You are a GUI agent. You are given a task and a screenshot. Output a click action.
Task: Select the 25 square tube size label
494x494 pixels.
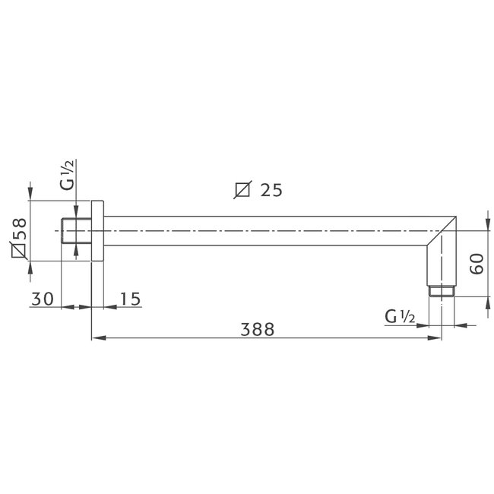tap(271, 190)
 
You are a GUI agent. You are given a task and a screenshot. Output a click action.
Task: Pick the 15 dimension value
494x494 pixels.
tap(130, 299)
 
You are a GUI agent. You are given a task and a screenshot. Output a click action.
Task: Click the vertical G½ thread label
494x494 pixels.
tap(68, 174)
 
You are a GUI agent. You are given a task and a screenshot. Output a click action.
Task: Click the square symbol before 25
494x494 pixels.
tap(242, 190)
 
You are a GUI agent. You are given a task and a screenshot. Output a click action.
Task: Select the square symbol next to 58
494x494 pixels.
tap(19, 249)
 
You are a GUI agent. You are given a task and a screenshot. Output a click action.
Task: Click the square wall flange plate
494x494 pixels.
tap(97, 231)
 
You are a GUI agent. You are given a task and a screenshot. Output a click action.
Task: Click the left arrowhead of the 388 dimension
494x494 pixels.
tap(96, 337)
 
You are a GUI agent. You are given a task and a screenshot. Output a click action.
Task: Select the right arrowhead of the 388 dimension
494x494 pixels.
tap(437, 337)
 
